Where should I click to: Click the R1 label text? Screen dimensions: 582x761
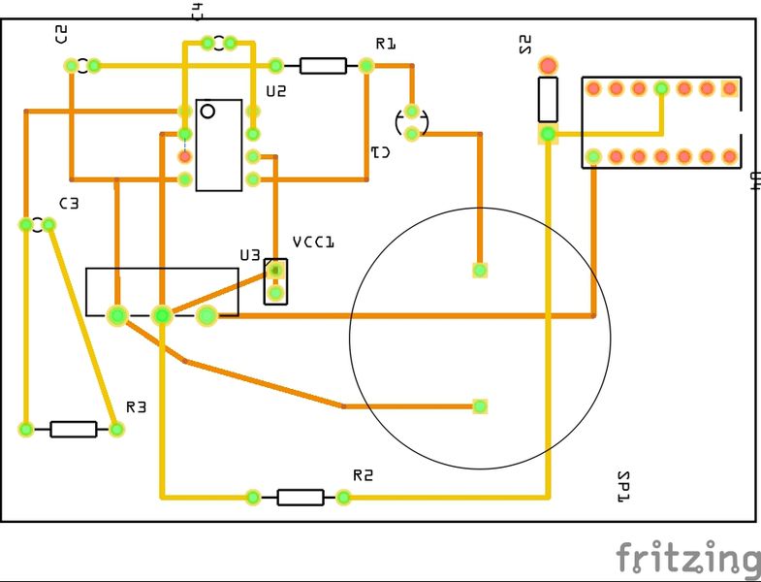(x=386, y=44)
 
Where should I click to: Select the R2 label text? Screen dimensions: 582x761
(x=363, y=475)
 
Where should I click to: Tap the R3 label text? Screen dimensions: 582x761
(x=136, y=407)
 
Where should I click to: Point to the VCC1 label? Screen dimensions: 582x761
(x=313, y=242)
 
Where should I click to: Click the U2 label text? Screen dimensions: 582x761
(x=276, y=92)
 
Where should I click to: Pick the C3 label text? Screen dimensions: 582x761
(x=68, y=204)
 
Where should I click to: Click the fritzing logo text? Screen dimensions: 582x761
(x=688, y=560)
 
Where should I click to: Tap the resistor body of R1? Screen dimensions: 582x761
(x=323, y=66)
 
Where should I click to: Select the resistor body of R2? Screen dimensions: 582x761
(x=301, y=498)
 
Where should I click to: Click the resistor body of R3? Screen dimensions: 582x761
(x=74, y=429)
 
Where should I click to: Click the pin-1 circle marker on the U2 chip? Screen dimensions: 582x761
(x=207, y=112)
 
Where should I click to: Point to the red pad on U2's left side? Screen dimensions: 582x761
(x=184, y=156)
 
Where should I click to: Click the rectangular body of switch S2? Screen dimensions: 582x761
(x=548, y=98)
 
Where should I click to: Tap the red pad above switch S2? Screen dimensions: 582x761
(x=548, y=66)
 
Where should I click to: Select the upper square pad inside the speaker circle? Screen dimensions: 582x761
(x=480, y=270)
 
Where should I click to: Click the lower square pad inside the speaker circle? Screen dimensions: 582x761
(x=480, y=405)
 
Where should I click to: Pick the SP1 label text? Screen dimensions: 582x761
(x=623, y=486)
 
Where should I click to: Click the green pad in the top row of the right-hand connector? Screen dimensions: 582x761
(x=661, y=88)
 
